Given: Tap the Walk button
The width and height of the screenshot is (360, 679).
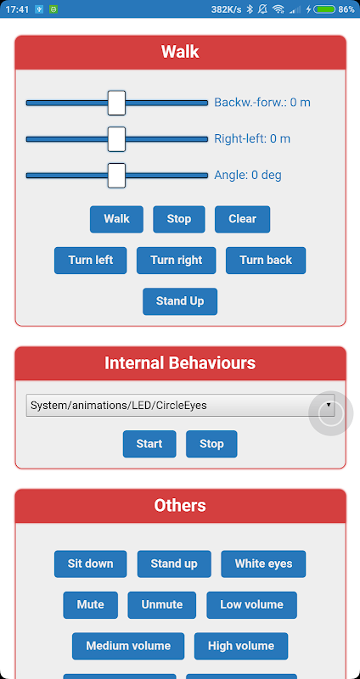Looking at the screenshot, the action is (x=116, y=219).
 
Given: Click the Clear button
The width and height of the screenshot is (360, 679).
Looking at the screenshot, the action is (x=243, y=219).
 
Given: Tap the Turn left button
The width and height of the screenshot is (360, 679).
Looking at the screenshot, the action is (x=91, y=261).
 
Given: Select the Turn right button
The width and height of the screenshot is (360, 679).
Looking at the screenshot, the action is (x=177, y=261).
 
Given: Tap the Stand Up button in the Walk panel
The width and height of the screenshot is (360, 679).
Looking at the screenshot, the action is (x=180, y=301).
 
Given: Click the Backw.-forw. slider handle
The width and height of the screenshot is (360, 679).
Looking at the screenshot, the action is (x=116, y=103).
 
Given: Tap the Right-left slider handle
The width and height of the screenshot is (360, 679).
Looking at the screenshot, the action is (x=116, y=139).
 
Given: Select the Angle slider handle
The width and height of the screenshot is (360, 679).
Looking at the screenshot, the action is (x=116, y=176).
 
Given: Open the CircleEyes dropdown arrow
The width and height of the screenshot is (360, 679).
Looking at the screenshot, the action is (x=329, y=405).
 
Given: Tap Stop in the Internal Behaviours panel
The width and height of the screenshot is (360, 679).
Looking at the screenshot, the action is (x=211, y=444).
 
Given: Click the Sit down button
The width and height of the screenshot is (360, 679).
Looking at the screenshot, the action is (x=91, y=564).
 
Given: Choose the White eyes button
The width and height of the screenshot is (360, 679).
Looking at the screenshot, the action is (x=263, y=564).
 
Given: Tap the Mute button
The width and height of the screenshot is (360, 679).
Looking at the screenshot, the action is (x=91, y=605).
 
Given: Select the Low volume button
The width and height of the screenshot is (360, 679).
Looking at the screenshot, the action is (x=251, y=605).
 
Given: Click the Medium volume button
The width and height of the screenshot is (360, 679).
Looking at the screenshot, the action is (x=128, y=646).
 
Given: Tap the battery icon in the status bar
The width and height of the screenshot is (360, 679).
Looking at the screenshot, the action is (x=324, y=9).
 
